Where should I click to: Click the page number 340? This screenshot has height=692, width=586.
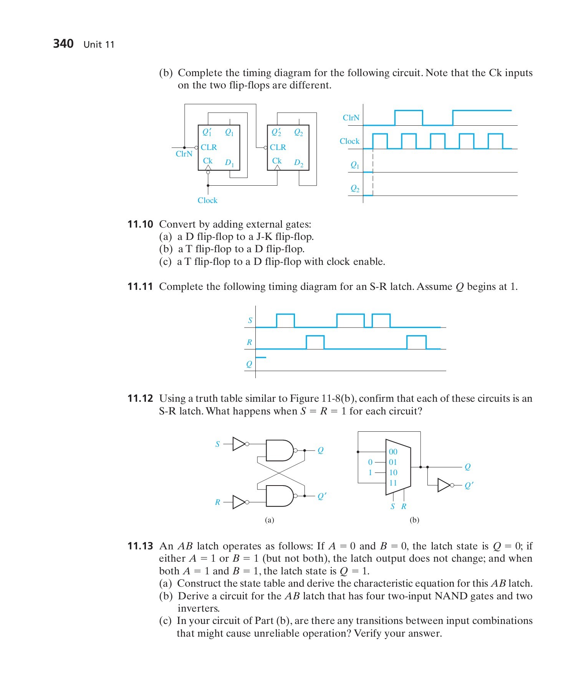point(63,43)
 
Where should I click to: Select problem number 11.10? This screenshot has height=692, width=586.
point(140,224)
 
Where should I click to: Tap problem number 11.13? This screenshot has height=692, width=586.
point(140,546)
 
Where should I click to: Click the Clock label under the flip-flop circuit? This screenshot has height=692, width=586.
point(207,200)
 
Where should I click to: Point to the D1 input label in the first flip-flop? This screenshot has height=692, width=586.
point(229,163)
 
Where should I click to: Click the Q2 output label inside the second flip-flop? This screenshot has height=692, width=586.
point(298,133)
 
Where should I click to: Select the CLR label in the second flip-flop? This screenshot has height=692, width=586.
point(278,147)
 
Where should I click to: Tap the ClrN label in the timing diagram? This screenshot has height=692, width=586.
point(351,118)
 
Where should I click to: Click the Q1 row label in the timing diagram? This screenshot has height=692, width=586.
point(355,165)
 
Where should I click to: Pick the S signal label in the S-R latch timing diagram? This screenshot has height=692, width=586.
point(250,320)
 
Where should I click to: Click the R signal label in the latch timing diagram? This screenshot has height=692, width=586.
point(249,342)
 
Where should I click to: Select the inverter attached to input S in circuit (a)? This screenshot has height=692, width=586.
point(239,444)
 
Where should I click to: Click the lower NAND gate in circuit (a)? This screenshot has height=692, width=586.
point(279,496)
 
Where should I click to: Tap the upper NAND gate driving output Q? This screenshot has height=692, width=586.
point(279,450)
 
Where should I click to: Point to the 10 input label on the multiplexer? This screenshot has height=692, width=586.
point(393,472)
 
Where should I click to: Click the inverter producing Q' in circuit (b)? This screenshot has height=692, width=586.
point(444,485)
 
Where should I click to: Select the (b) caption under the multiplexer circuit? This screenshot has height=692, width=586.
point(414,520)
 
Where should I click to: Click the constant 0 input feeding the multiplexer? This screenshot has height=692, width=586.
point(370,462)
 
